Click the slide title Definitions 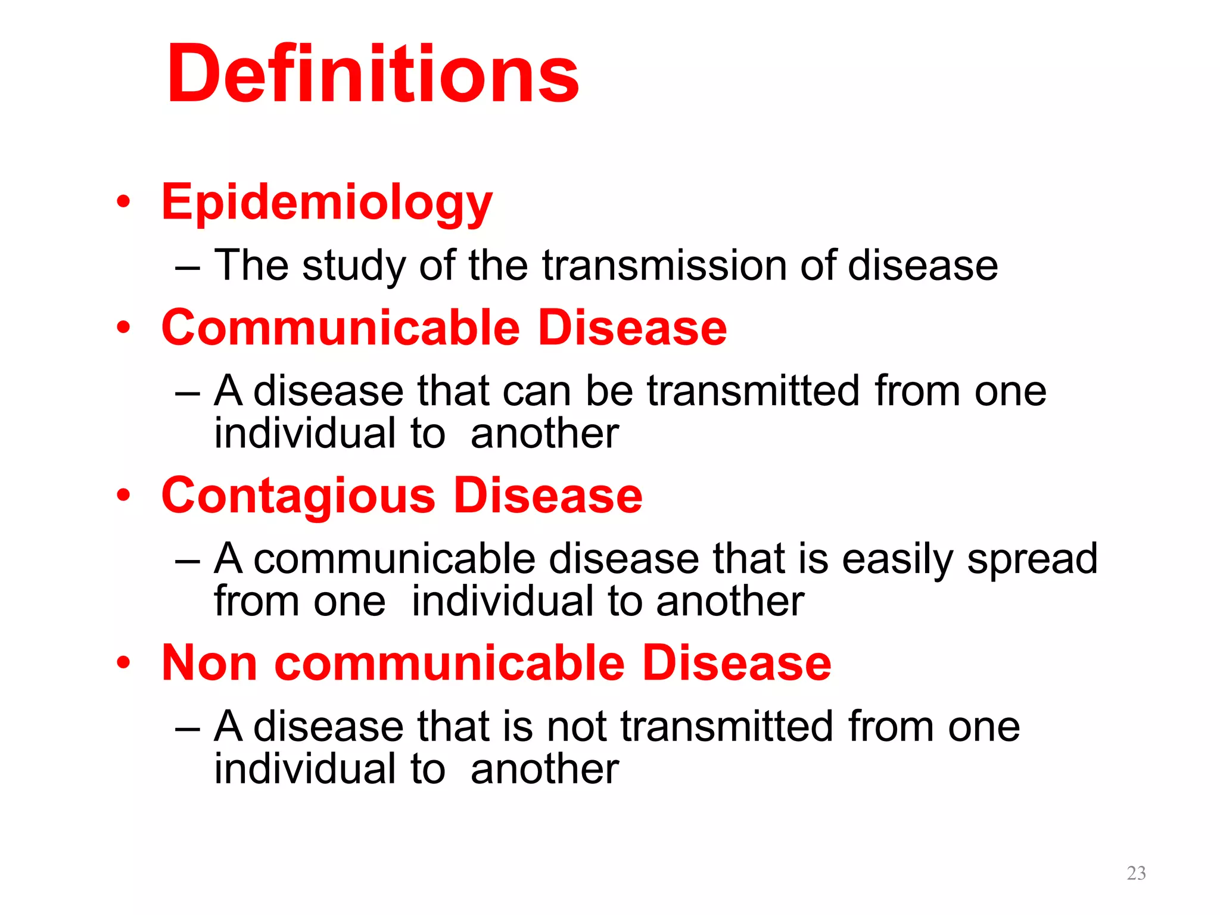click(372, 74)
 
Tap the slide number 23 click(1136, 873)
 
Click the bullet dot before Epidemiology click(123, 201)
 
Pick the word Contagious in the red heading click(298, 496)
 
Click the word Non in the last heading click(209, 663)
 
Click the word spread click(1032, 560)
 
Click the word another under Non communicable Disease click(544, 769)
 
